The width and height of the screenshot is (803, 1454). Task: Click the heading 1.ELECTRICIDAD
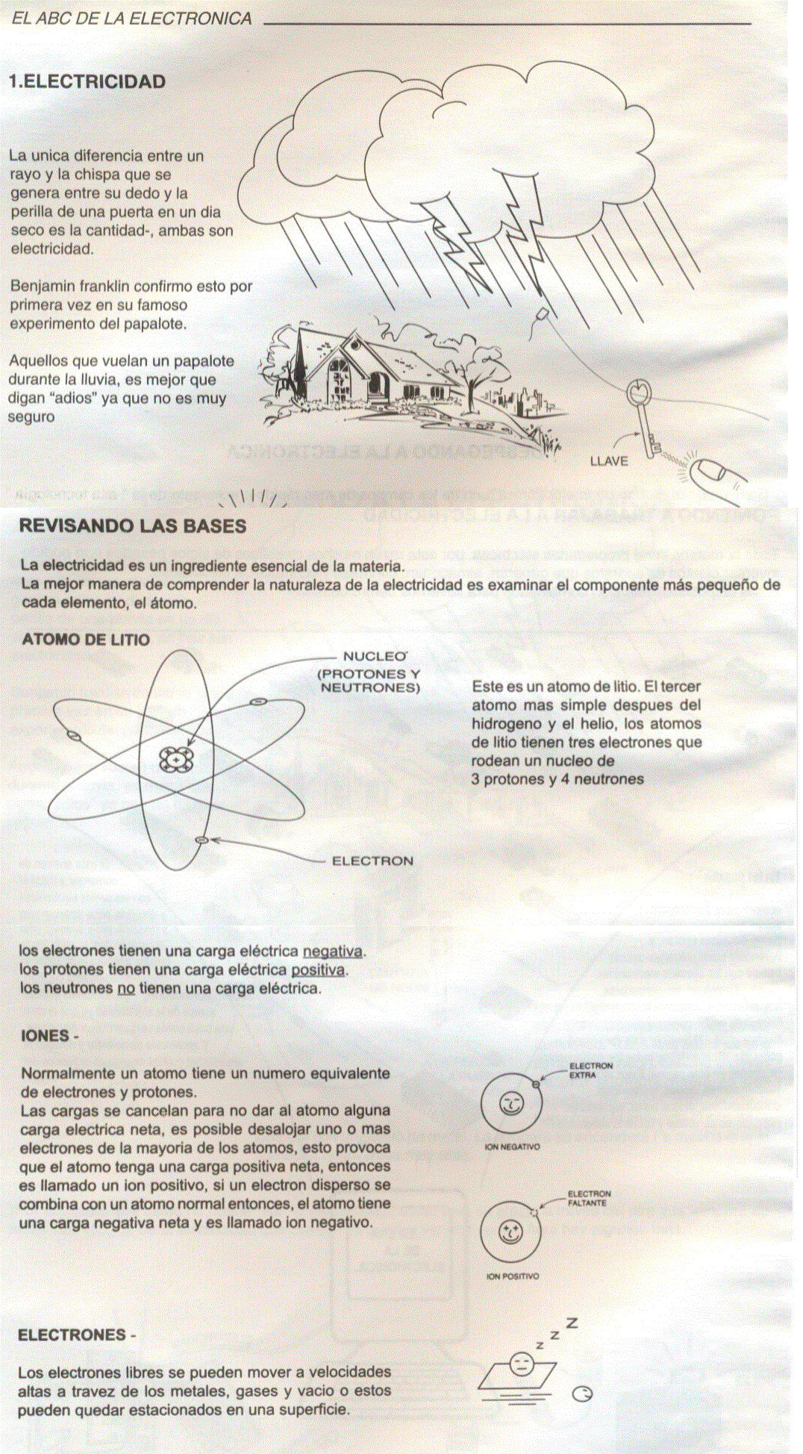(x=87, y=81)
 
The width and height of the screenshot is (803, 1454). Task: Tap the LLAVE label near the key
(x=609, y=461)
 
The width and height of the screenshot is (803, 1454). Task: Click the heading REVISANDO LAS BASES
(x=132, y=526)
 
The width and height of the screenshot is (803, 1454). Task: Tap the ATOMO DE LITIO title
(x=86, y=640)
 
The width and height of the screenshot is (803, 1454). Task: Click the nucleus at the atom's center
(x=176, y=760)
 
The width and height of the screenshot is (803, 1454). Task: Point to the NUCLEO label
(x=374, y=657)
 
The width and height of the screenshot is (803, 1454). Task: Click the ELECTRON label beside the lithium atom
(x=372, y=861)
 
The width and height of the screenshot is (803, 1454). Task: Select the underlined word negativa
(x=333, y=952)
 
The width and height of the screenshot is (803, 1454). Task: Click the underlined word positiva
(x=318, y=970)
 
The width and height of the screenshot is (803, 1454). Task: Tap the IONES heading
(x=49, y=1036)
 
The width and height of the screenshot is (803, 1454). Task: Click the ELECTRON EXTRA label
(x=590, y=1070)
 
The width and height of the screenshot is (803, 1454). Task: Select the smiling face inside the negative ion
(x=512, y=1102)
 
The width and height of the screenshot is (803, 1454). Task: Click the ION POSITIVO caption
(x=512, y=1276)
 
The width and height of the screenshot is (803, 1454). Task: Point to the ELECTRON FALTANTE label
(x=589, y=1199)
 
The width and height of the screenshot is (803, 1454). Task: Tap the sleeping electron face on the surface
(x=520, y=1365)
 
